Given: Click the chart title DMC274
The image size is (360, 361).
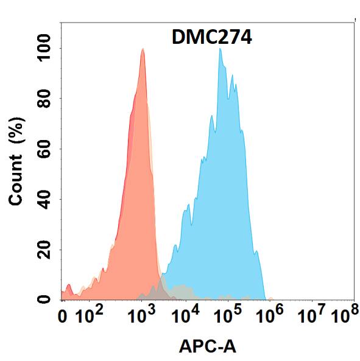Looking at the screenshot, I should pyautogui.click(x=210, y=38).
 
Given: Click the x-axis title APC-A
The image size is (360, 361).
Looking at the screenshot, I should pyautogui.click(x=208, y=346).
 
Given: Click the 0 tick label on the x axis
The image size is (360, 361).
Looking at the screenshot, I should pyautogui.click(x=63, y=317).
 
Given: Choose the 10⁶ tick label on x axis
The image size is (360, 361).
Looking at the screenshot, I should pyautogui.click(x=270, y=316).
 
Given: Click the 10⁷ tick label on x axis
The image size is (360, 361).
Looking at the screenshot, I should pyautogui.click(x=312, y=316).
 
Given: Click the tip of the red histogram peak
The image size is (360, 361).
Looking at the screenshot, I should pyautogui.click(x=143, y=49).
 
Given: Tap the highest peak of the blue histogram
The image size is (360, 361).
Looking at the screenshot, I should pyautogui.click(x=220, y=49).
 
